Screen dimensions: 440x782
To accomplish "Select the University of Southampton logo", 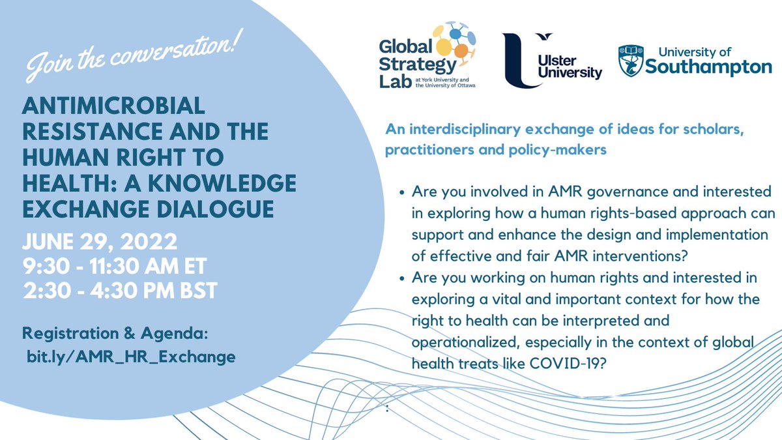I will (694, 61).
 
